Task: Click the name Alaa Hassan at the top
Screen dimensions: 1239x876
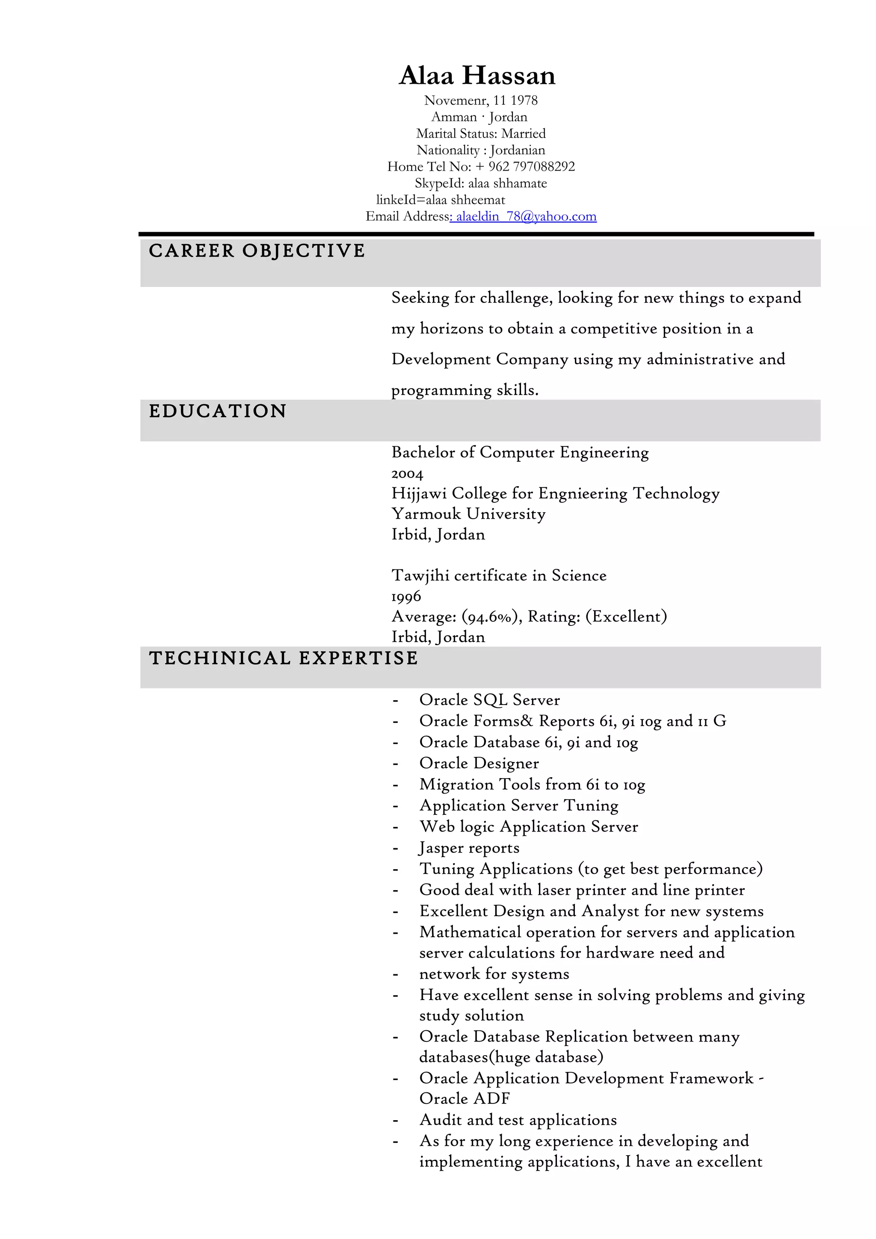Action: coord(477,76)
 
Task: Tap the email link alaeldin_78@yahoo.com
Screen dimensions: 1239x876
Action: coord(526,216)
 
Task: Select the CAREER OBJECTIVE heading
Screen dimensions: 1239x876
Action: coord(257,251)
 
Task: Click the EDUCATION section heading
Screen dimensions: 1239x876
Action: coord(218,411)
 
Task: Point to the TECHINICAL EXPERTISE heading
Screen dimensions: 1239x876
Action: coord(283,658)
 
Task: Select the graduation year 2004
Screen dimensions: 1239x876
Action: coord(407,474)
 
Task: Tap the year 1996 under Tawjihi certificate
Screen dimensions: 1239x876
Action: coord(406,596)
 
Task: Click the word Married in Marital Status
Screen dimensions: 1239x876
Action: coord(524,133)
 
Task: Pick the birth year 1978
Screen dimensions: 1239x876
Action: coord(524,100)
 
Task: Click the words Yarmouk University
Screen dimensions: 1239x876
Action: coord(468,514)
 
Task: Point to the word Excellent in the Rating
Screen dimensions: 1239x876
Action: coord(626,616)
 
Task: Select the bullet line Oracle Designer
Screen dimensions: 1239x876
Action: coord(479,763)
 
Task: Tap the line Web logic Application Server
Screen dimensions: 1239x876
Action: coord(528,827)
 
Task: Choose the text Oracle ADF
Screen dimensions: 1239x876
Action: coord(464,1099)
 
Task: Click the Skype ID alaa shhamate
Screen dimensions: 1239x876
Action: coord(507,183)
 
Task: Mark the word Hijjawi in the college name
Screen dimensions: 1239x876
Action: coord(419,493)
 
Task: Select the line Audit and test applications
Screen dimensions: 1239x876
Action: coord(518,1120)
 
